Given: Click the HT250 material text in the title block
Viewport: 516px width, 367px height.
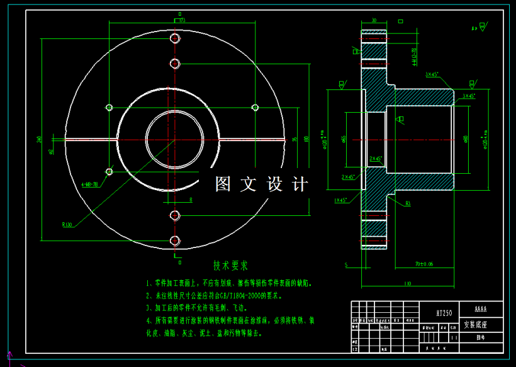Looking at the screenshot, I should tap(444, 312).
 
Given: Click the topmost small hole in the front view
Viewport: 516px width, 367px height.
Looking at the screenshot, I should tap(175, 39).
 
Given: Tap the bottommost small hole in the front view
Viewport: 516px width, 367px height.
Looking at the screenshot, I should tap(175, 240).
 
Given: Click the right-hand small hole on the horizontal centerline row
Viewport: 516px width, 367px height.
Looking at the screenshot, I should tap(255, 107).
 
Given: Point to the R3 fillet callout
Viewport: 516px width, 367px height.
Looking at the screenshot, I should tap(408, 203).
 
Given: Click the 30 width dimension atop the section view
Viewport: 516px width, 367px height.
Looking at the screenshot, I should tap(374, 21).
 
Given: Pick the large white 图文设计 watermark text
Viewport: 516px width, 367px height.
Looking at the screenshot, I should tap(262, 184).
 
